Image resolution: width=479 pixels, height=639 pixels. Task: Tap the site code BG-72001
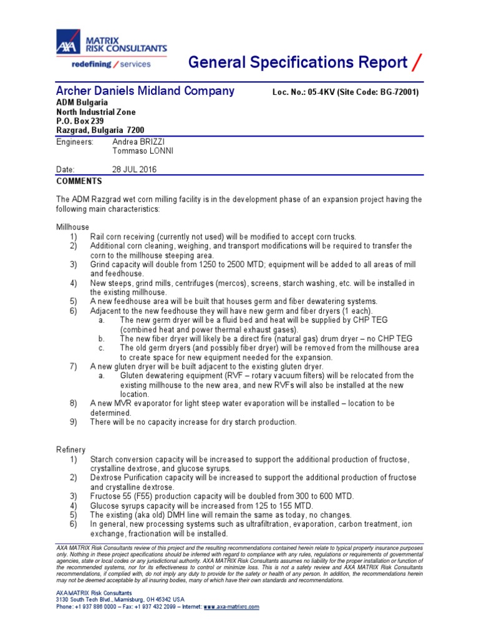coord(396,92)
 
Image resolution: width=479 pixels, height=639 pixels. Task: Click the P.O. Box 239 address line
coord(80,121)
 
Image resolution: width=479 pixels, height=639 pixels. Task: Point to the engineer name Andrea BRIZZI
coord(137,142)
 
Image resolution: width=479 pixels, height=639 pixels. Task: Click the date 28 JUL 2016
coord(134,170)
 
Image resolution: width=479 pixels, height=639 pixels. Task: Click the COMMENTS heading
coord(79,181)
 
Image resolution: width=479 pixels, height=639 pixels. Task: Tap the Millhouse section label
coord(72,227)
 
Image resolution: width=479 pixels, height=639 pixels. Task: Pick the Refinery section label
coord(71,450)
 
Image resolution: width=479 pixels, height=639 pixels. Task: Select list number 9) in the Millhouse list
coord(74,422)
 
